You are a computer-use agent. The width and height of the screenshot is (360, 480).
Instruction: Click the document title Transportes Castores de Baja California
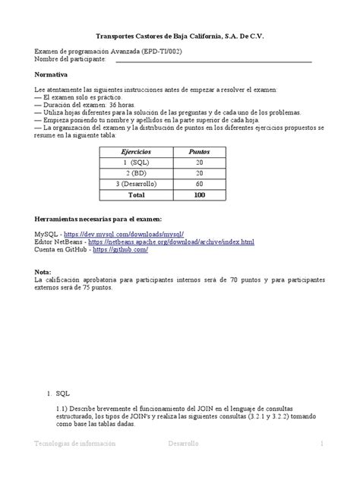tap(180, 36)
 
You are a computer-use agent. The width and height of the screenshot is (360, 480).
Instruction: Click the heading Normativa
tap(52, 74)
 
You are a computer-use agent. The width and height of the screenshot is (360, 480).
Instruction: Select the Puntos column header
tap(199, 152)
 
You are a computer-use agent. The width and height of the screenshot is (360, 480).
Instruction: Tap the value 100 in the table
tap(199, 194)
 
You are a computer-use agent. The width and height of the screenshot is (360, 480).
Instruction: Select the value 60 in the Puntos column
tap(199, 184)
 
